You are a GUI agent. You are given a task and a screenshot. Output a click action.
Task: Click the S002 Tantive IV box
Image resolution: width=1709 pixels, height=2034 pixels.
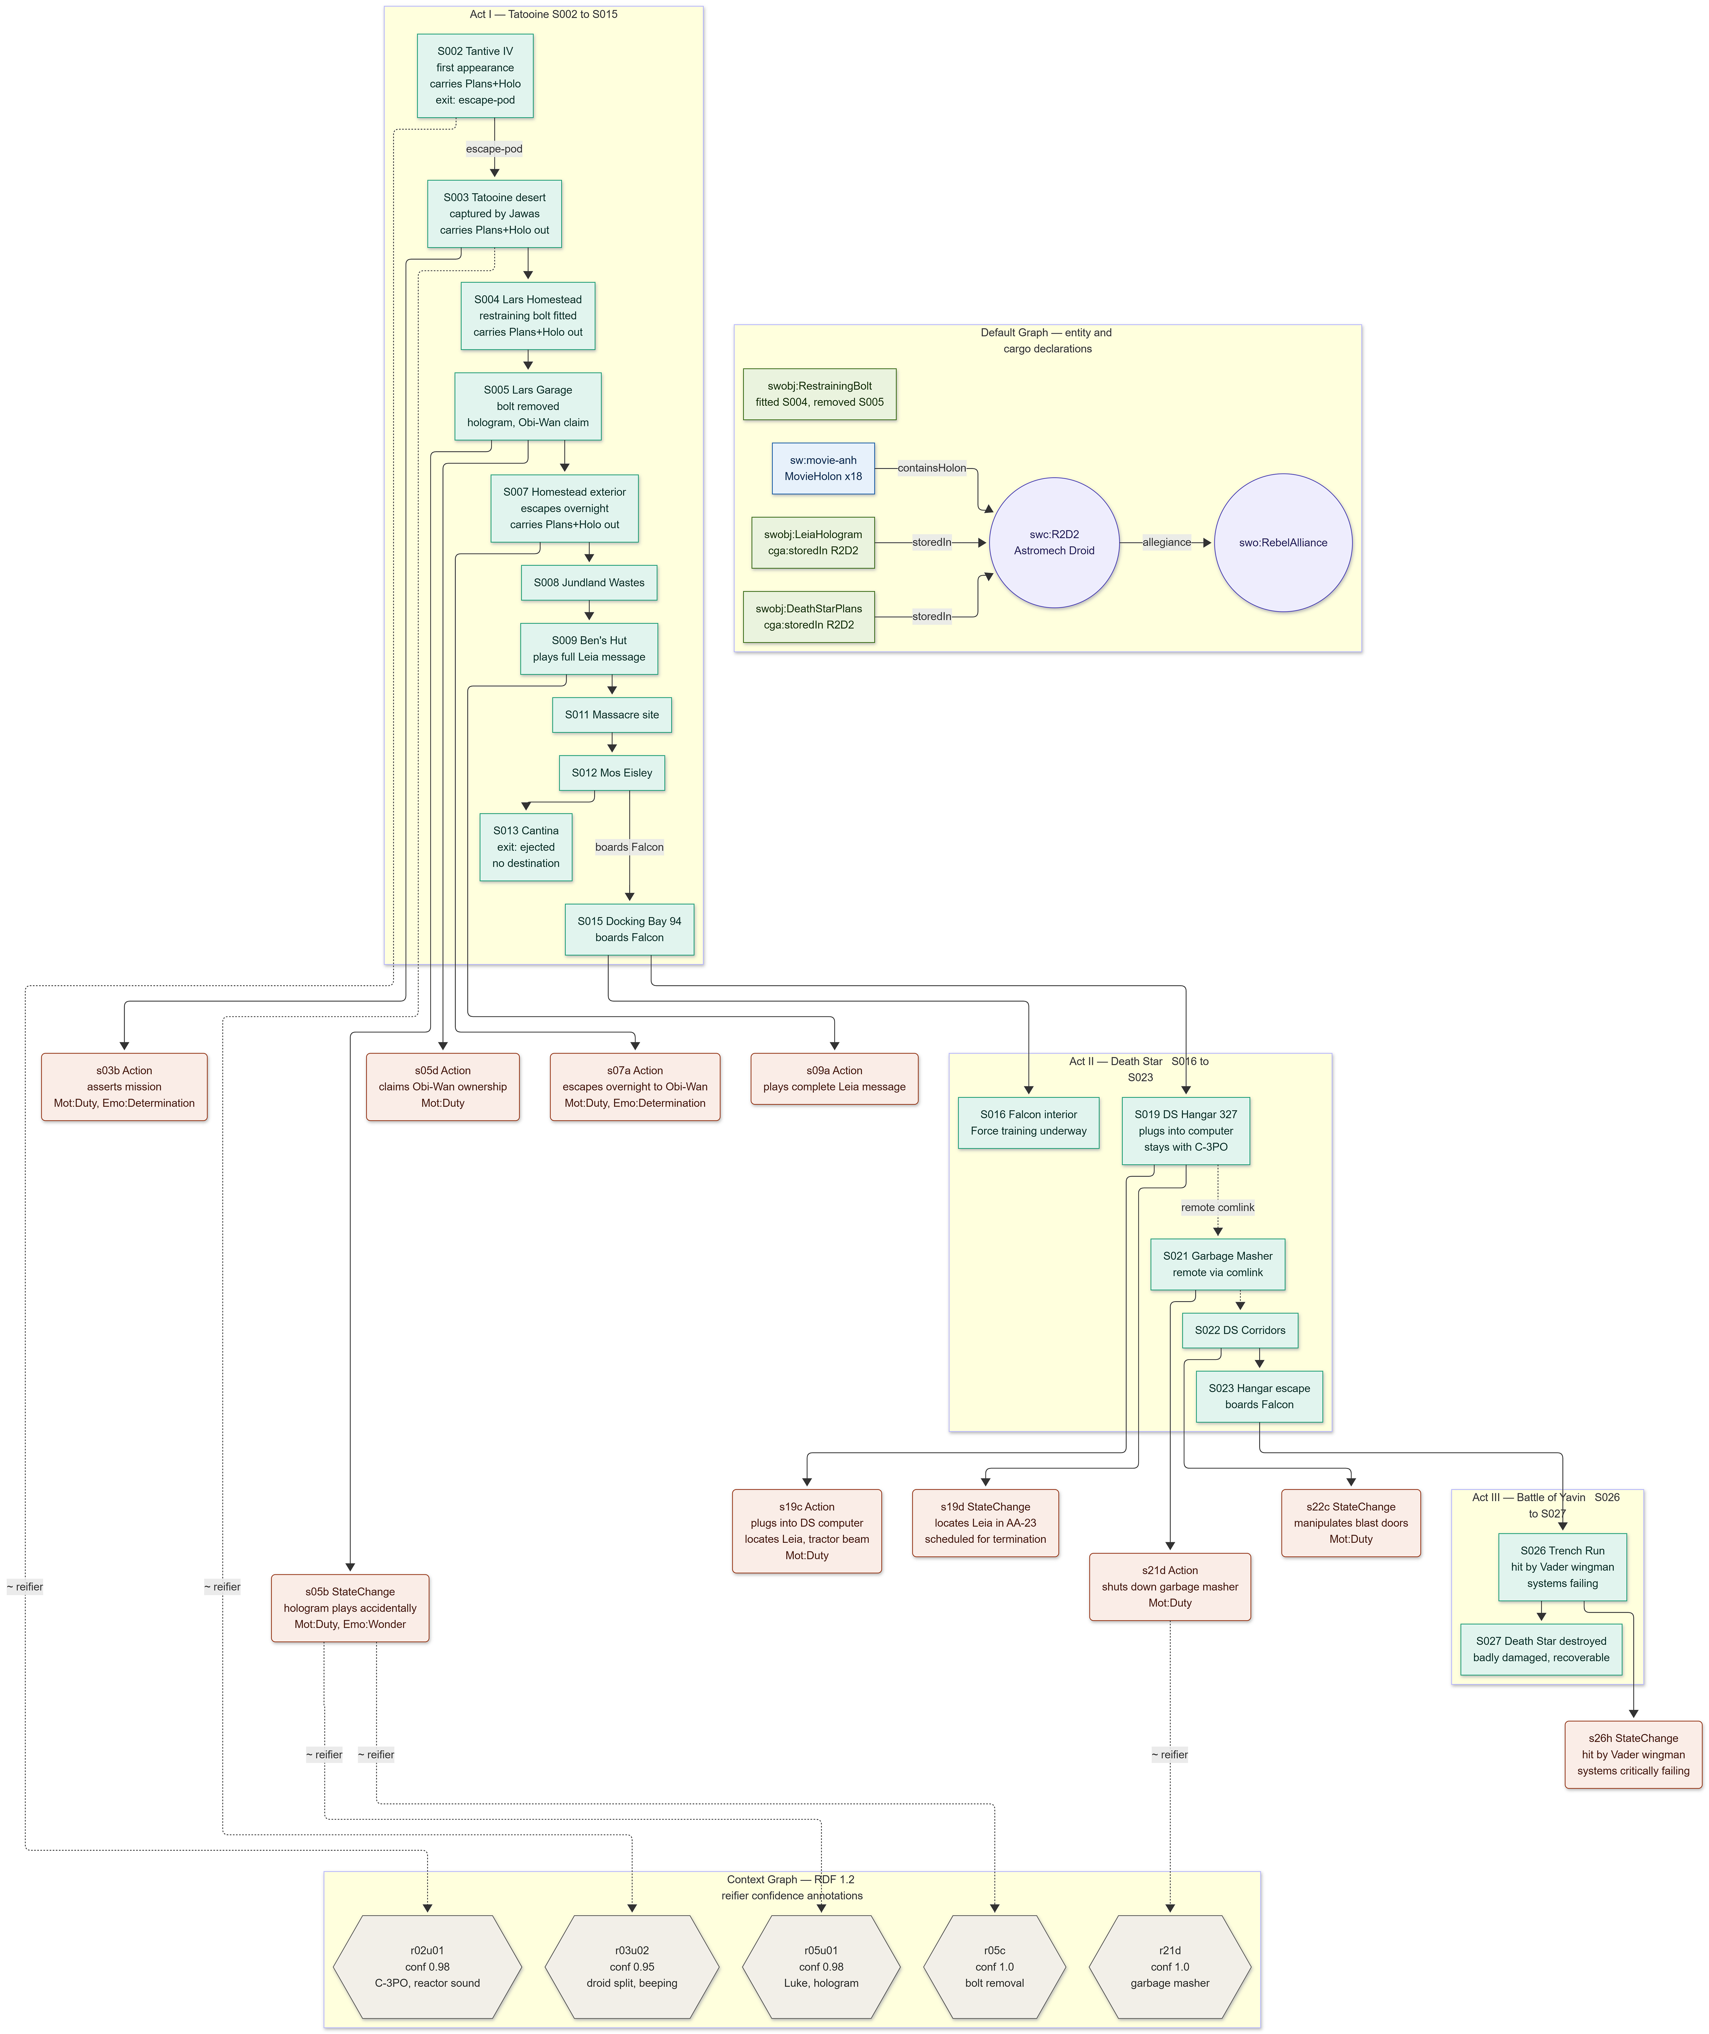(475, 76)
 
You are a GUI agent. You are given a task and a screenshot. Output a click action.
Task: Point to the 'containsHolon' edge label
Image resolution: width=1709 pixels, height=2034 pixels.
(931, 468)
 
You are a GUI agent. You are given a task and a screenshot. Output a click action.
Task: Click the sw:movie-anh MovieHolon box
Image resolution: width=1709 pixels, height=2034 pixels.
(822, 468)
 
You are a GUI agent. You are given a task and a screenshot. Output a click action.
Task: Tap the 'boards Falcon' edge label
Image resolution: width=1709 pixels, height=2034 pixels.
(629, 847)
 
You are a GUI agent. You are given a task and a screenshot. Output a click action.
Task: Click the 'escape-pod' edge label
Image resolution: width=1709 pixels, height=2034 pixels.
(494, 149)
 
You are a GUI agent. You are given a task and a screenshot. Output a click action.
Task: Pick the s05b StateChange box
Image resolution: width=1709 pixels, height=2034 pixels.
(350, 1607)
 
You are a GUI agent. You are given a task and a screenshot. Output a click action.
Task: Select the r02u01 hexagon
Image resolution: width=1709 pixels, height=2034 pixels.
(427, 1966)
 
